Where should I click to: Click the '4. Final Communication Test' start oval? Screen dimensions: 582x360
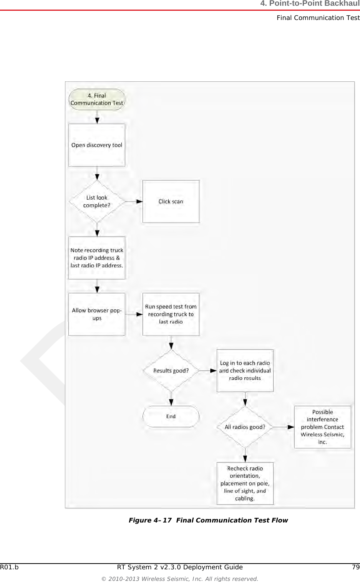point(97,99)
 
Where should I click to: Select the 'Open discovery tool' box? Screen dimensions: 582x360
point(97,145)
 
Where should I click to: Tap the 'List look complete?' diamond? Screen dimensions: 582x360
point(97,202)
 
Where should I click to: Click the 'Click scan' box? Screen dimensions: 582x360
point(171,202)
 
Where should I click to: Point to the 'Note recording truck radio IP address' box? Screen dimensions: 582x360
point(97,258)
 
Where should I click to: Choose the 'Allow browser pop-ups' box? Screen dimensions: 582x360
point(97,314)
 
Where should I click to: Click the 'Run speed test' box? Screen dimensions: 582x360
point(171,314)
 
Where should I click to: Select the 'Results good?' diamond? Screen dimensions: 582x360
point(171,371)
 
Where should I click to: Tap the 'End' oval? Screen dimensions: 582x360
point(171,417)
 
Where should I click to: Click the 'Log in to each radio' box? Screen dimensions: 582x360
point(245,371)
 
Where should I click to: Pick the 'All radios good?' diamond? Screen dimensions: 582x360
point(245,427)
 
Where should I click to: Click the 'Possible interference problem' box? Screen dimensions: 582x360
point(323,427)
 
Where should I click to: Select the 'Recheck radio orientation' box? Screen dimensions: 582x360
point(245,484)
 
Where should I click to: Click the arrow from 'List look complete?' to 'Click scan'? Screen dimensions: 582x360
point(134,202)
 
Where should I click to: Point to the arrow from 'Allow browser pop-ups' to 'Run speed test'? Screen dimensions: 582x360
point(134,314)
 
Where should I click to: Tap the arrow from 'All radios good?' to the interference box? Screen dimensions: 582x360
point(284,427)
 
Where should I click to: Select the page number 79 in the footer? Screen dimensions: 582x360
point(355,567)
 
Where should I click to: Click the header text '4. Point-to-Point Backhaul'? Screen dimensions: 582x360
point(310,4)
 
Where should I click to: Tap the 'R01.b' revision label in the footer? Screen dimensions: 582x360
point(9,567)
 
